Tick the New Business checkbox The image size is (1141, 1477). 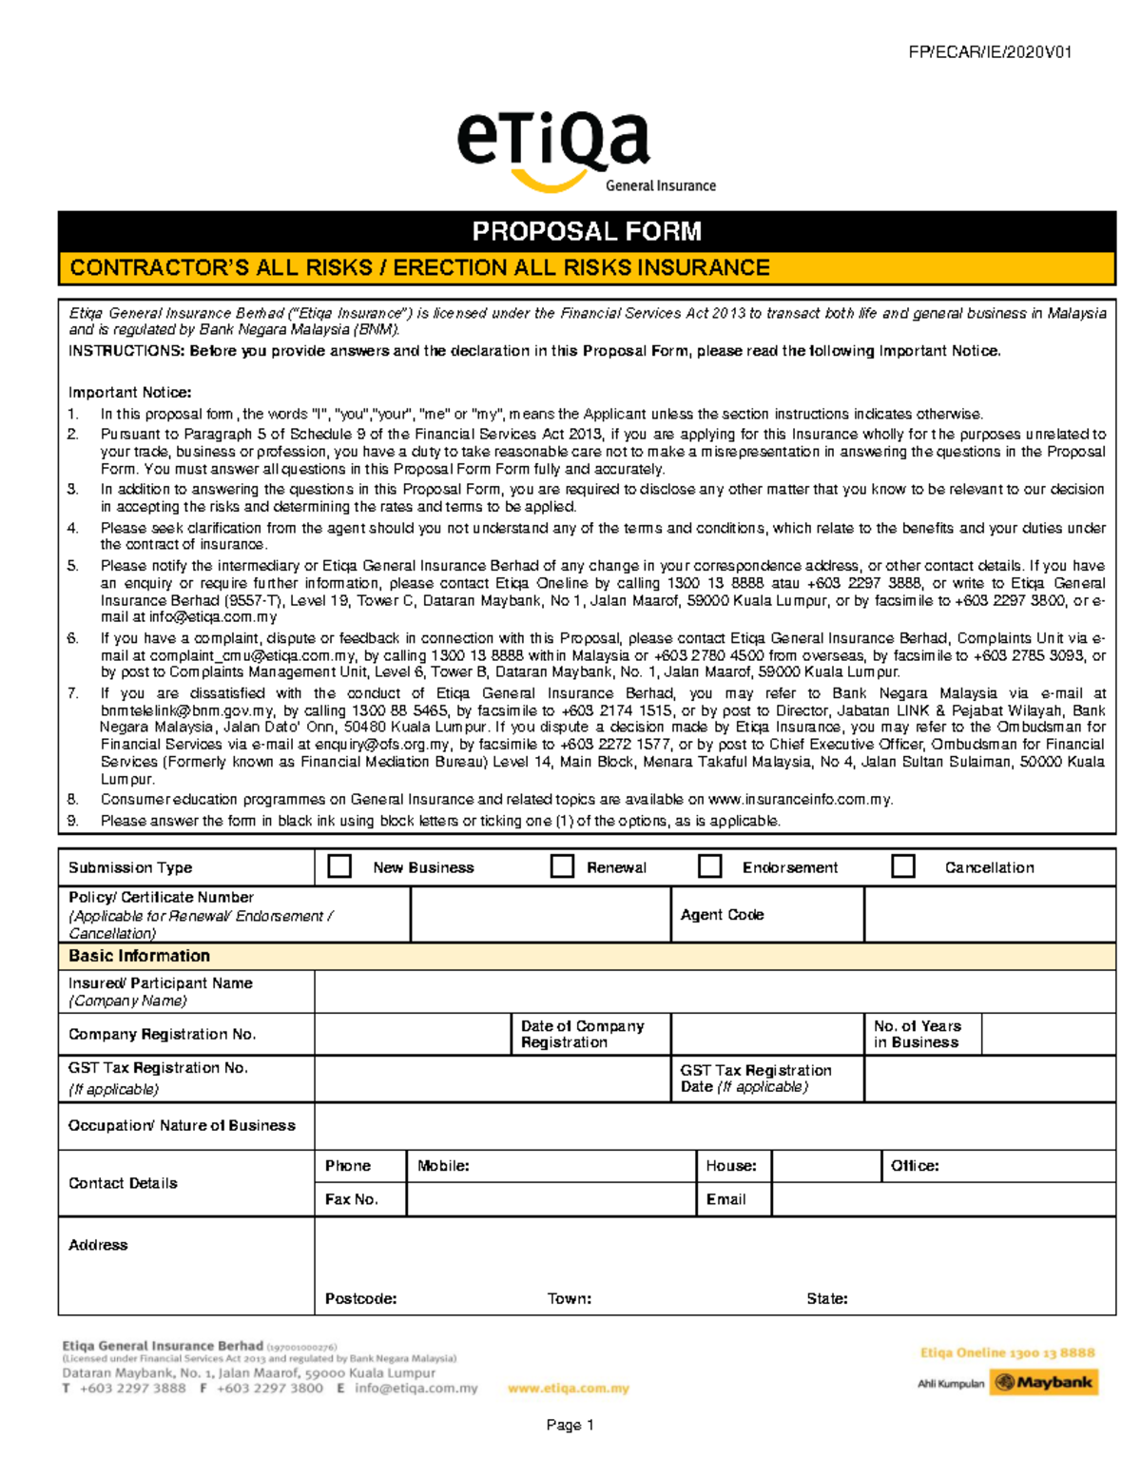[x=339, y=865]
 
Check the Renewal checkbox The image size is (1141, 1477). [x=563, y=865]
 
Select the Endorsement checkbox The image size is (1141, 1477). [x=709, y=865]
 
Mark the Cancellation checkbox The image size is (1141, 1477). [x=903, y=865]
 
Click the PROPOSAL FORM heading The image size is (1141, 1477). [x=587, y=231]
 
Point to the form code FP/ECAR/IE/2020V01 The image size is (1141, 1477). [x=990, y=52]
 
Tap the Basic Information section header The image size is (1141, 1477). [x=139, y=956]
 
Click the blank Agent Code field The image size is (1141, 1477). [x=989, y=915]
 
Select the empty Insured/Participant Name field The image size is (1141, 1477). [x=714, y=991]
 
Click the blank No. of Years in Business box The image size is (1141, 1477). [x=1048, y=1034]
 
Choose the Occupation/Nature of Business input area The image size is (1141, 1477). [x=714, y=1126]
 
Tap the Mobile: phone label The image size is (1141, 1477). [x=443, y=1166]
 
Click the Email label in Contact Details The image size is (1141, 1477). [x=726, y=1199]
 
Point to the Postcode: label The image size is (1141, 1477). [x=360, y=1298]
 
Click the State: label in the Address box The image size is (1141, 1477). [x=826, y=1298]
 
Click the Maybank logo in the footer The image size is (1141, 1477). [x=1044, y=1382]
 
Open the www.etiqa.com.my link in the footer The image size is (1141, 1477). [x=569, y=1389]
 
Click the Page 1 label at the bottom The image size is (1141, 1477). [x=570, y=1425]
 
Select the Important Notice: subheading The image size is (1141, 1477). [x=129, y=392]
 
